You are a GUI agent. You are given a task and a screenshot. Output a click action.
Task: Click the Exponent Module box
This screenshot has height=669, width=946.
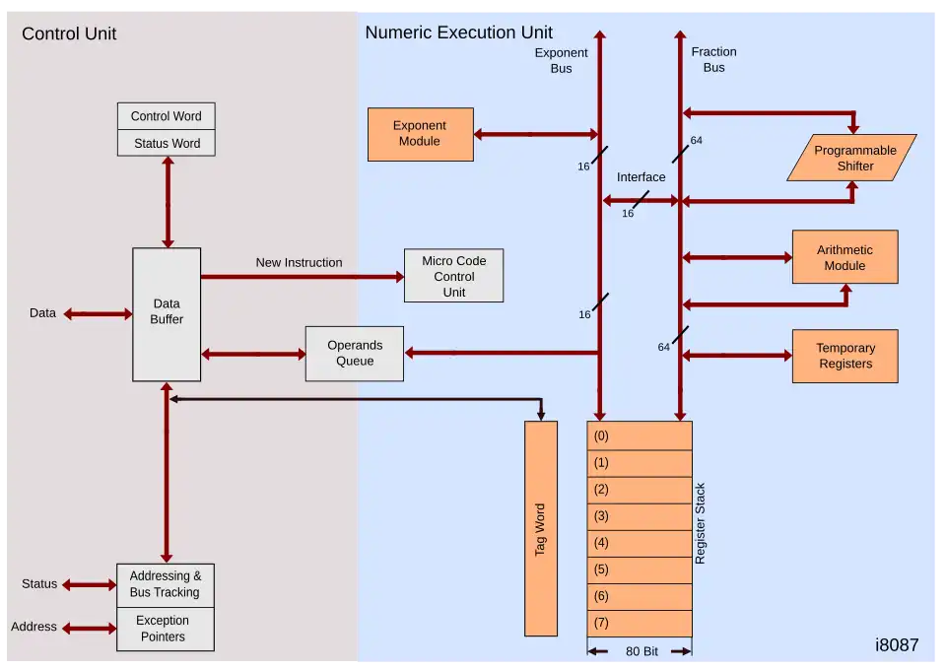(x=420, y=134)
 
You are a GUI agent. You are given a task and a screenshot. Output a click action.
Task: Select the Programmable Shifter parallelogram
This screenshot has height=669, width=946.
(x=852, y=158)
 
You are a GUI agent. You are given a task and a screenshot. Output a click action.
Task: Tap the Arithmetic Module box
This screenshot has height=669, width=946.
(x=845, y=257)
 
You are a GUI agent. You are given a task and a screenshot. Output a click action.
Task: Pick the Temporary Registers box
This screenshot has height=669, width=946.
(x=845, y=356)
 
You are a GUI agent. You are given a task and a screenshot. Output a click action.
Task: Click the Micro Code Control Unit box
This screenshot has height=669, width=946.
(x=453, y=276)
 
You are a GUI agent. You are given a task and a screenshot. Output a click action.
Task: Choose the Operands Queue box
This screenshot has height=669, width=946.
(x=354, y=354)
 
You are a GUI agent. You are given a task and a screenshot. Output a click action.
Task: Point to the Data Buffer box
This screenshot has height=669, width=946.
(x=167, y=313)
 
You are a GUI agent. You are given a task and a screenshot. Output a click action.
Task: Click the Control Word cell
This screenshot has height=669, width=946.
(x=166, y=116)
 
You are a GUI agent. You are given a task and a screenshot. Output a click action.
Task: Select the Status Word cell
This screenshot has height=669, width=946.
(x=166, y=143)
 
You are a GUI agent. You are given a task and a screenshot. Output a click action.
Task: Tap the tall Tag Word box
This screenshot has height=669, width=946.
(x=541, y=529)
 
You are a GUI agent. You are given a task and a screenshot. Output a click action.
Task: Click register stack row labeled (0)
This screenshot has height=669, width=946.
(x=639, y=435)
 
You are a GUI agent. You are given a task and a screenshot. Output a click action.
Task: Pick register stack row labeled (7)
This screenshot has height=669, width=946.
(x=639, y=623)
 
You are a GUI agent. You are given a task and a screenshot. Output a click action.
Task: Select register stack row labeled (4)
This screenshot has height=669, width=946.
(x=639, y=543)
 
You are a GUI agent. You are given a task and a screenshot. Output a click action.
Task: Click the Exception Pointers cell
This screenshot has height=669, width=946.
(x=164, y=629)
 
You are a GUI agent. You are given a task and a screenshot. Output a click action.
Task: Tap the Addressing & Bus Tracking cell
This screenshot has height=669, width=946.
(x=165, y=584)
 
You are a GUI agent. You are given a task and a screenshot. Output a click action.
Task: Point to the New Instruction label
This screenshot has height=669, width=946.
(x=299, y=262)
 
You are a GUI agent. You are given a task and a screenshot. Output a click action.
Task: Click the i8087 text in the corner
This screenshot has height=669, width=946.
(x=896, y=645)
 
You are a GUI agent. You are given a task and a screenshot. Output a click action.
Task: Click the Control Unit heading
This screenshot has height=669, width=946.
(x=69, y=33)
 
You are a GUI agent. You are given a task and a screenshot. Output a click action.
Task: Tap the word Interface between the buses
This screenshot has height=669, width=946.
(x=641, y=177)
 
